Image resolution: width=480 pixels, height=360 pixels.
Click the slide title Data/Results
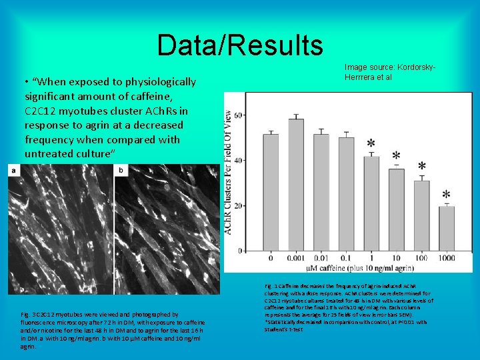point(240,45)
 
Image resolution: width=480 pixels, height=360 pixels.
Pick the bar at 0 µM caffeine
point(271,193)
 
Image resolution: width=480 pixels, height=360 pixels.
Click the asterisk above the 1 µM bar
point(371,144)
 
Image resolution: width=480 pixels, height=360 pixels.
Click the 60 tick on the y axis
point(238,115)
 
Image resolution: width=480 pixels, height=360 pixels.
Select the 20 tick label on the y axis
point(238,206)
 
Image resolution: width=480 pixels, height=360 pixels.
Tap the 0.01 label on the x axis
point(321,258)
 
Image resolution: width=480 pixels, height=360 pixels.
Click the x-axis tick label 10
point(396,258)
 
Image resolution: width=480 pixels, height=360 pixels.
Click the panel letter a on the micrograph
point(13,171)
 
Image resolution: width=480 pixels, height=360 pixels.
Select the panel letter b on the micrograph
point(120,171)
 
